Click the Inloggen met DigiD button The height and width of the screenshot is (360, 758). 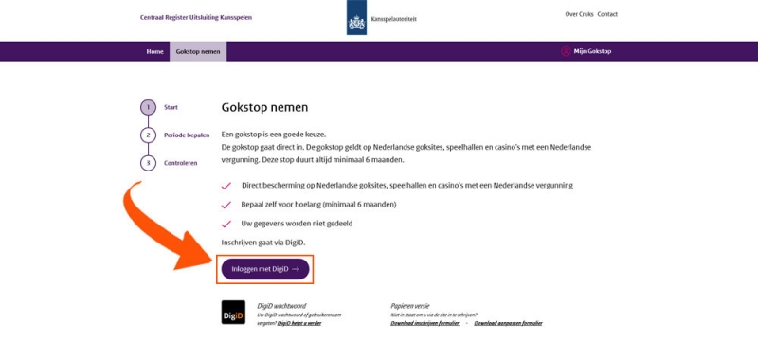pos(265,269)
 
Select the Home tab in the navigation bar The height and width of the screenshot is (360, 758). pos(154,51)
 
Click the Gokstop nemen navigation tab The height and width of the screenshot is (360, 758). pos(198,51)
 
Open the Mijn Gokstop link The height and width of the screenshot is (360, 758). pos(591,51)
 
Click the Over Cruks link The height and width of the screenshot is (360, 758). pos(578,14)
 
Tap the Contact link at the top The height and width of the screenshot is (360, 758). pos(607,14)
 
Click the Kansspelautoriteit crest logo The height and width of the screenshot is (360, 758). pos(356,19)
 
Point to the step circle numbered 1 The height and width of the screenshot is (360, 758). pos(148,107)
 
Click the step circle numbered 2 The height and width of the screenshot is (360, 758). pos(148,135)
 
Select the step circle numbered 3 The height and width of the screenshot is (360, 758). pos(148,163)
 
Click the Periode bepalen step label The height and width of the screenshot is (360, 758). pos(187,135)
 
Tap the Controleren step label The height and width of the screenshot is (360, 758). pos(180,163)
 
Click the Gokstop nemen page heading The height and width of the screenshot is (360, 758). pos(264,108)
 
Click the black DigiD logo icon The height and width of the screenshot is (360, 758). pos(233,313)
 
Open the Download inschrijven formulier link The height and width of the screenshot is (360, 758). pos(424,323)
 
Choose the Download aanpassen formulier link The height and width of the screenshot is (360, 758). pos(508,323)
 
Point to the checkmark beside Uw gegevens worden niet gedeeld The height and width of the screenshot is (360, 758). pos(226,224)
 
